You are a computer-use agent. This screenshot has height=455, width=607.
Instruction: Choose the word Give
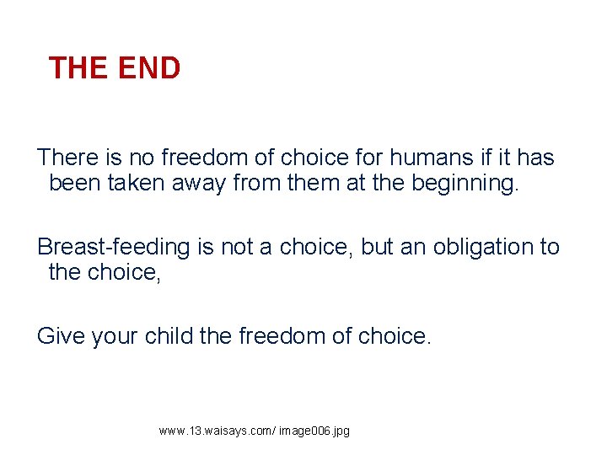[60, 336]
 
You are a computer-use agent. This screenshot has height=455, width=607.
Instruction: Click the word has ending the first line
[535, 158]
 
